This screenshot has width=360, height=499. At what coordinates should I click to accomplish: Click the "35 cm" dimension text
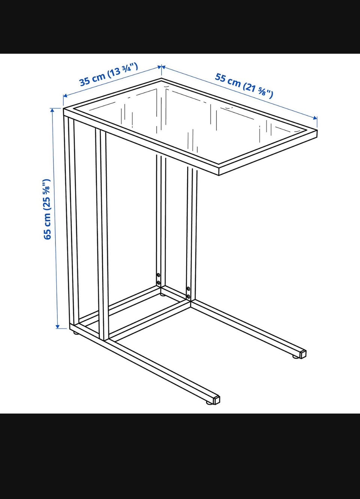(x=92, y=79)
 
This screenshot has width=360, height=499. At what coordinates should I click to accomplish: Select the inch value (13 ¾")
(x=123, y=70)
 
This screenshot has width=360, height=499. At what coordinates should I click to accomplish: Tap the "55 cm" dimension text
(x=228, y=80)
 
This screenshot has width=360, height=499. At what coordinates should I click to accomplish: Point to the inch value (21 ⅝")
(x=258, y=90)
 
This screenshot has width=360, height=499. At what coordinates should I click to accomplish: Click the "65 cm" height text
(x=47, y=226)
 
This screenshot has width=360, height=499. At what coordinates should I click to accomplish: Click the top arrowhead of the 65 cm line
(x=52, y=110)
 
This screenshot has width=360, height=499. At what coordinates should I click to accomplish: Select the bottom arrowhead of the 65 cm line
(x=58, y=326)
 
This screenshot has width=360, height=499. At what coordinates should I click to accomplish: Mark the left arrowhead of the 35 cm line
(x=65, y=96)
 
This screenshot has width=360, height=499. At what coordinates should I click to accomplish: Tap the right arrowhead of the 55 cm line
(x=315, y=118)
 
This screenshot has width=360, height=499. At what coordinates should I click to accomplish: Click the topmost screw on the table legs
(x=158, y=275)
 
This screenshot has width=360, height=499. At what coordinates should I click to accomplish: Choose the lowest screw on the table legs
(x=189, y=297)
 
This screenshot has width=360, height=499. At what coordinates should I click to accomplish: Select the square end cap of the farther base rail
(x=303, y=354)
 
